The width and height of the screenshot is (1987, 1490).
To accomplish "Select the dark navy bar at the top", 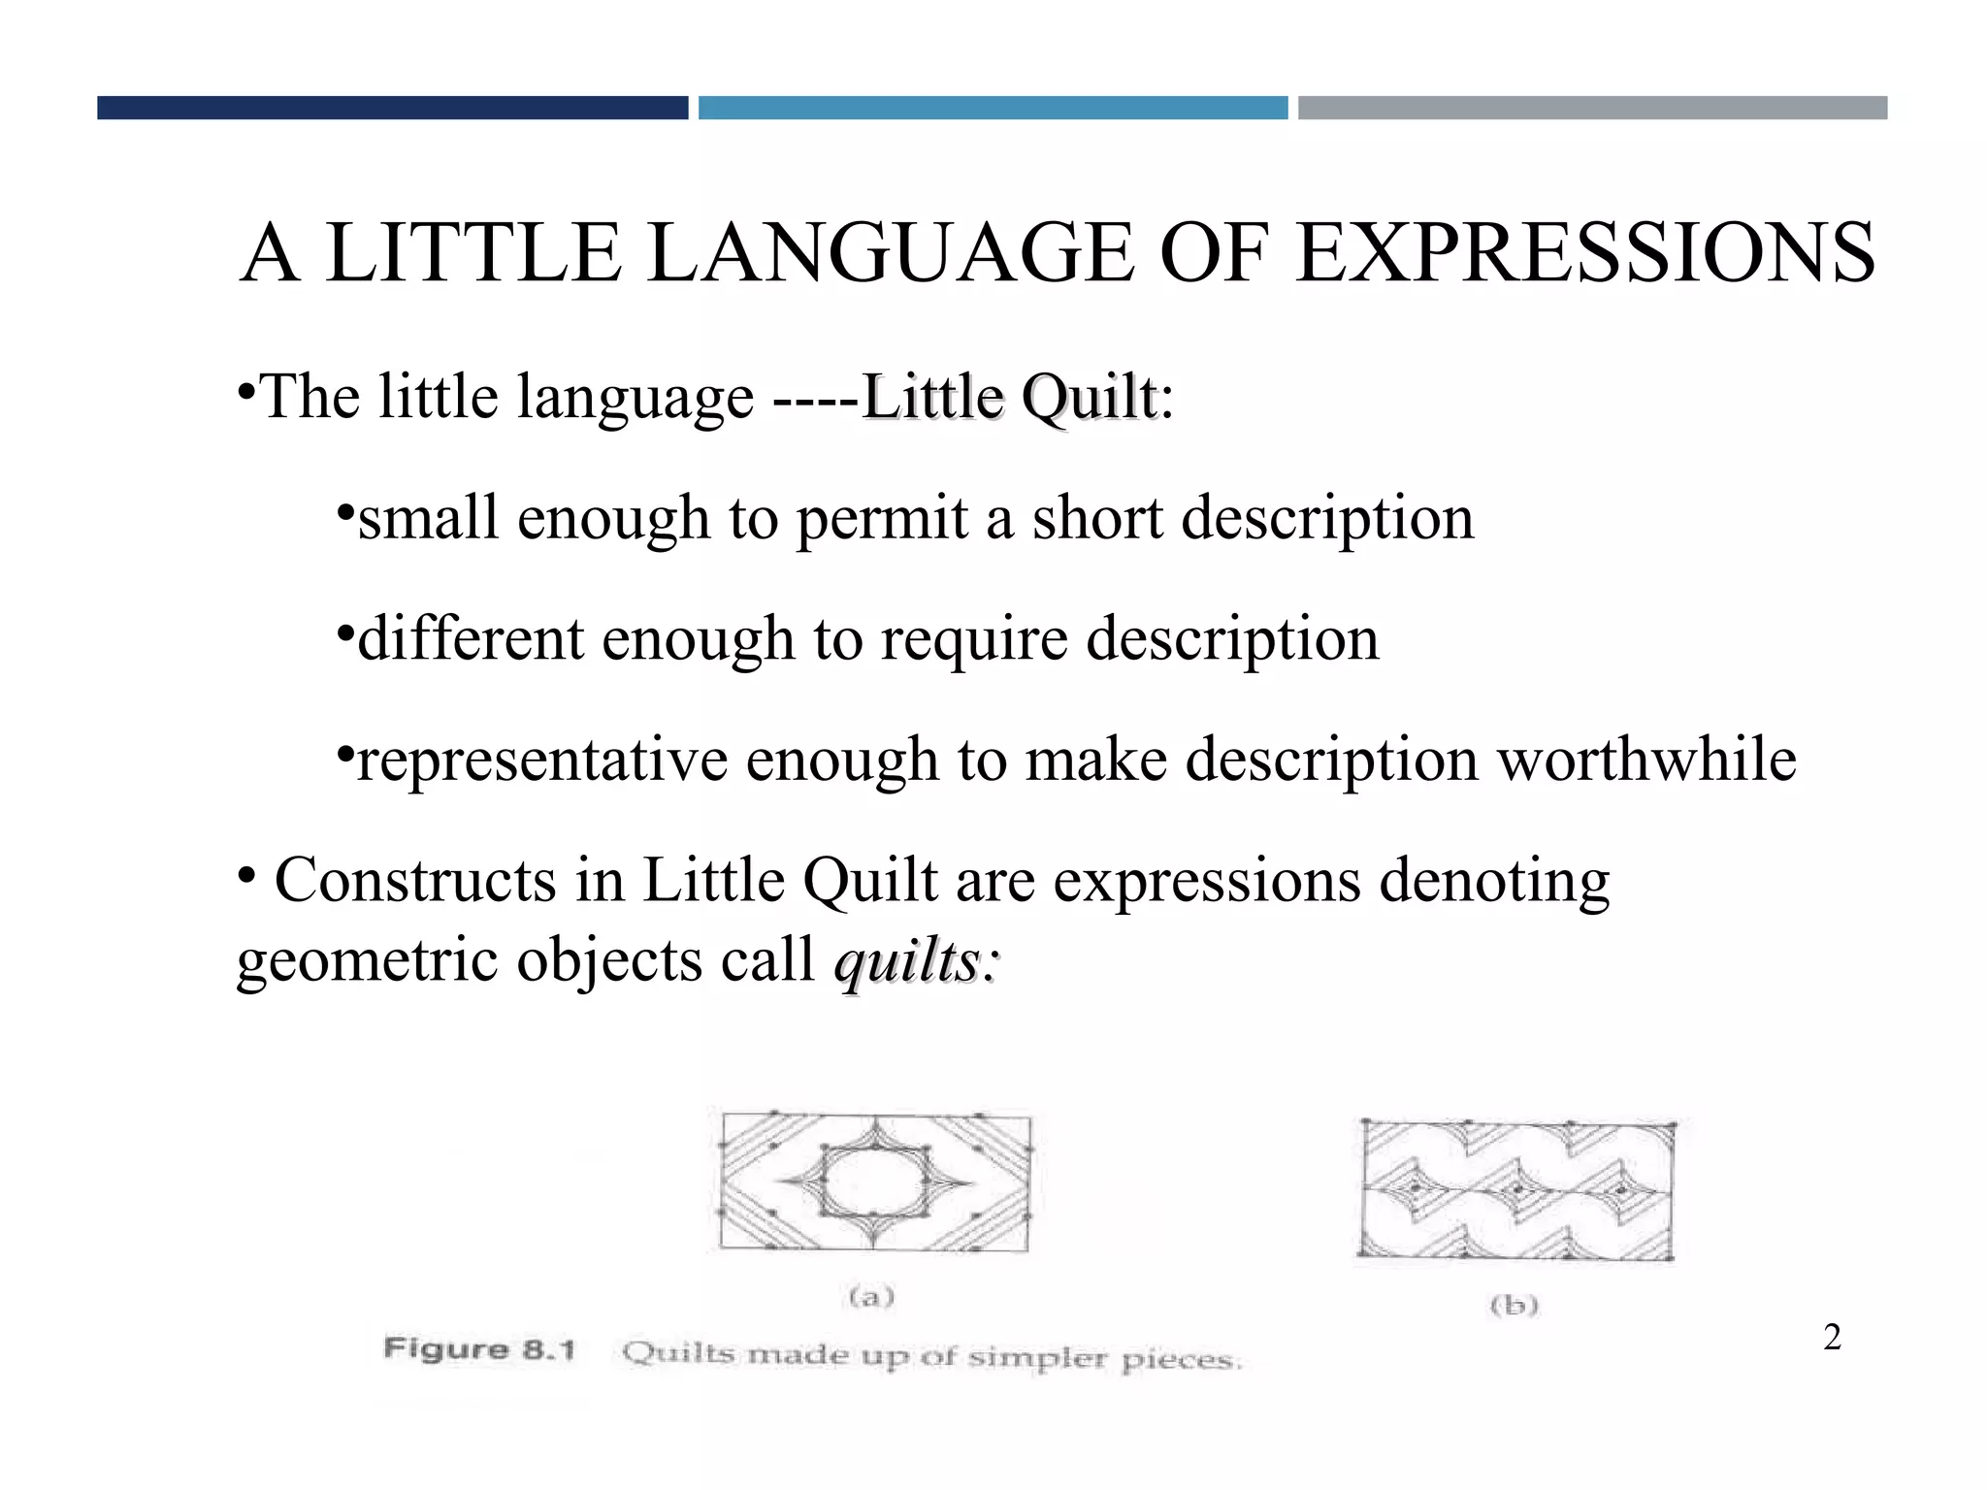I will [x=392, y=108].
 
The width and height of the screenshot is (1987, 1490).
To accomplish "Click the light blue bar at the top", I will [x=993, y=108].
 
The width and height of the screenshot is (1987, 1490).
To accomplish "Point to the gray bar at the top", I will [x=1592, y=108].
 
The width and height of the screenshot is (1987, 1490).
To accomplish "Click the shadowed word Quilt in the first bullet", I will [x=1089, y=398].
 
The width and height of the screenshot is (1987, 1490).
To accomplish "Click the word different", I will [x=470, y=639].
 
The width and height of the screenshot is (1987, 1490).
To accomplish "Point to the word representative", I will [x=542, y=761].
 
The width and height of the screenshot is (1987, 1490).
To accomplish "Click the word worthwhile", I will [x=1646, y=760].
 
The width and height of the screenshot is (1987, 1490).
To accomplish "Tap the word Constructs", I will [x=415, y=881].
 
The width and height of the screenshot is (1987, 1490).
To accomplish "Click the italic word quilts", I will [x=906, y=962].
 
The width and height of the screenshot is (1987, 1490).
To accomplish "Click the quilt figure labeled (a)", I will [x=874, y=1182].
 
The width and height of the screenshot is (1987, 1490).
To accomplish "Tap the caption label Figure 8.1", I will [x=479, y=1349].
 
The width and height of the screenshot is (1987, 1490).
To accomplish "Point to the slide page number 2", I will [x=1832, y=1338].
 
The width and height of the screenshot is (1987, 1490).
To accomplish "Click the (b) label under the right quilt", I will [x=1515, y=1306].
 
